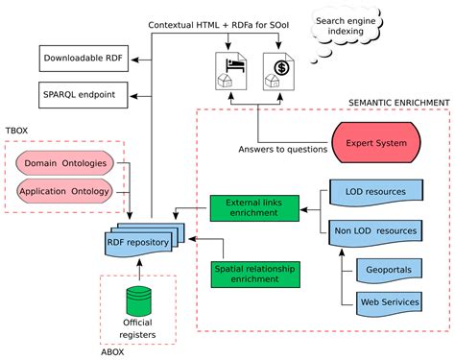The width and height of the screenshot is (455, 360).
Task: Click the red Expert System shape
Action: tap(374, 143)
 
